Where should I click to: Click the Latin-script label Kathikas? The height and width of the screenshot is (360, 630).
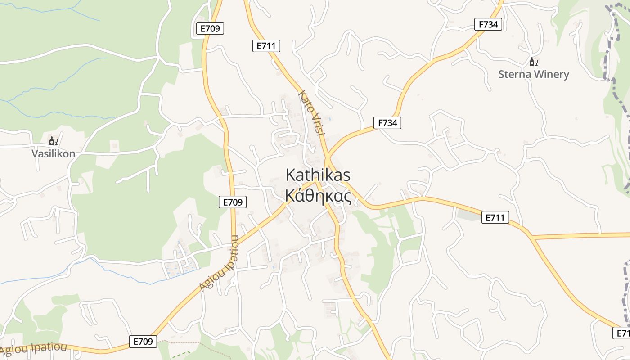pos(318,175)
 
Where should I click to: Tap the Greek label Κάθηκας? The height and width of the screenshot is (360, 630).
pos(318,196)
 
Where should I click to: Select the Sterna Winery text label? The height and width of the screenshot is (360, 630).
pos(534,74)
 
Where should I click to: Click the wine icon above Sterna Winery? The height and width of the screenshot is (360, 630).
pos(533,62)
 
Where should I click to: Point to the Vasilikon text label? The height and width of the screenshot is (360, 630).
pos(53,153)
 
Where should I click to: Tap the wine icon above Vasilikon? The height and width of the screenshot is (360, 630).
pos(53,141)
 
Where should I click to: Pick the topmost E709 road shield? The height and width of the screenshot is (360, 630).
pos(210,28)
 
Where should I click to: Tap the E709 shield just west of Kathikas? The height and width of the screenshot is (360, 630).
pos(233,202)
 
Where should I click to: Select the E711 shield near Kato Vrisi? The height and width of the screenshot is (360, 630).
pos(266,45)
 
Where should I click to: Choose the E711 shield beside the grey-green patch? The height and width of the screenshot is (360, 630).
pos(495,218)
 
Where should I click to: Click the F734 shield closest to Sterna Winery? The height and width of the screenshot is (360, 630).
pos(488,24)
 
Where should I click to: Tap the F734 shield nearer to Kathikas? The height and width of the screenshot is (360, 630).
pos(387,122)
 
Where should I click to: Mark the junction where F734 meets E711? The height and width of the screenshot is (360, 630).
pos(328,157)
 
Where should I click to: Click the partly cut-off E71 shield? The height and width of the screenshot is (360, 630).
pos(622,333)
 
